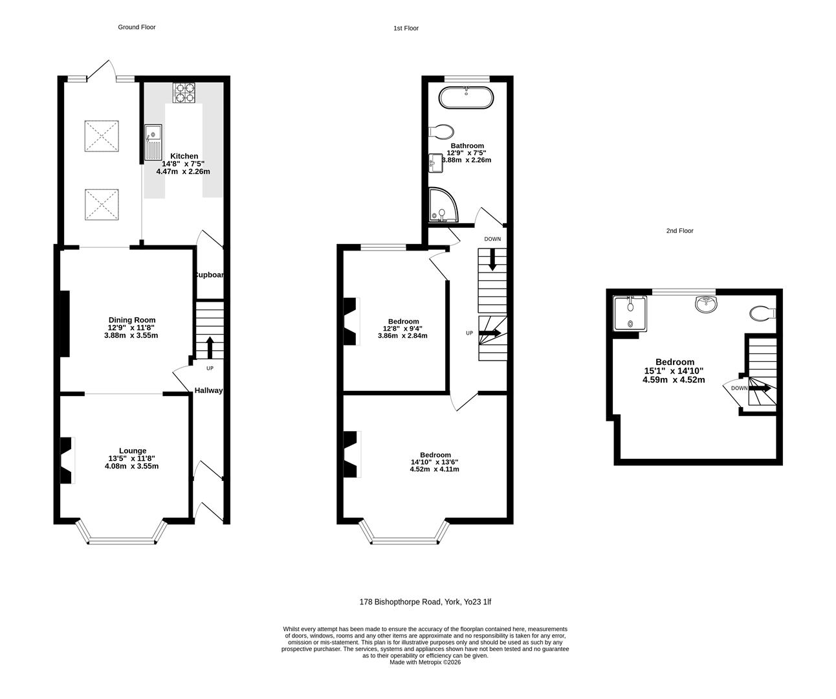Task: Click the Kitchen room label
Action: point(184,156)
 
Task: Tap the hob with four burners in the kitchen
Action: point(184,93)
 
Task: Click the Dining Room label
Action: point(131,320)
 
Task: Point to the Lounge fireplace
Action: point(67,461)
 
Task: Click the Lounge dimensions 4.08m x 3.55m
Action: point(131,466)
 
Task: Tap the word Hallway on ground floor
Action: point(209,390)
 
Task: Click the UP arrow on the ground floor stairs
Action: point(210,346)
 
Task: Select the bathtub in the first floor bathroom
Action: point(466,98)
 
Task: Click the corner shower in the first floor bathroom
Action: point(443,205)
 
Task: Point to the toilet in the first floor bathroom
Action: point(441,131)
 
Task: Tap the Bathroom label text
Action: point(467,146)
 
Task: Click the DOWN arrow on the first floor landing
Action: point(492,260)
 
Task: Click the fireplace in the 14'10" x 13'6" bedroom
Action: point(350,454)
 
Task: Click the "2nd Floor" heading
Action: point(679,230)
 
